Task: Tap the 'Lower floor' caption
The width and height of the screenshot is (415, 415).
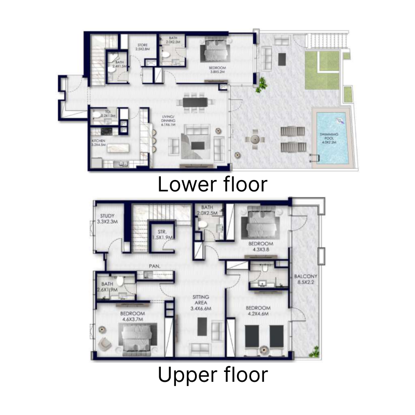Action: click(212, 184)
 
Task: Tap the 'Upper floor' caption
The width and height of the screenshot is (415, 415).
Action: click(213, 375)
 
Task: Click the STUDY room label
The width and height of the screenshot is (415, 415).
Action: click(107, 216)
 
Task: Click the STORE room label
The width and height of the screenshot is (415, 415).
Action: click(142, 45)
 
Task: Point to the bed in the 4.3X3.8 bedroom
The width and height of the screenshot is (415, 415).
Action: click(261, 223)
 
